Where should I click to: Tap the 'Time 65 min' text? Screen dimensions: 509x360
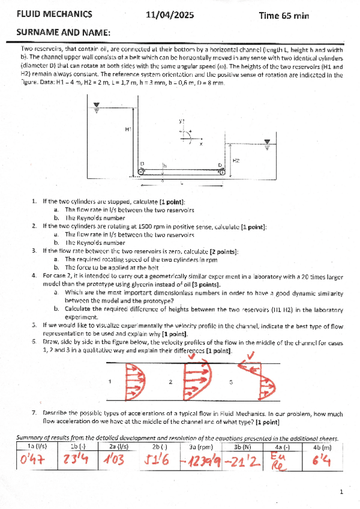pos(283,16)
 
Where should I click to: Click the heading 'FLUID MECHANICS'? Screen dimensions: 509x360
pos(54,15)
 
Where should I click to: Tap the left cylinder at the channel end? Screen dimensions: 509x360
pos(141,172)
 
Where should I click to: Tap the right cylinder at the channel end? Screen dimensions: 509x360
pos(222,172)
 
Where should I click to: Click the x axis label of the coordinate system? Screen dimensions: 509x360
pos(201,144)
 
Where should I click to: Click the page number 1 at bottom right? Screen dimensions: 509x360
pos(340,492)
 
